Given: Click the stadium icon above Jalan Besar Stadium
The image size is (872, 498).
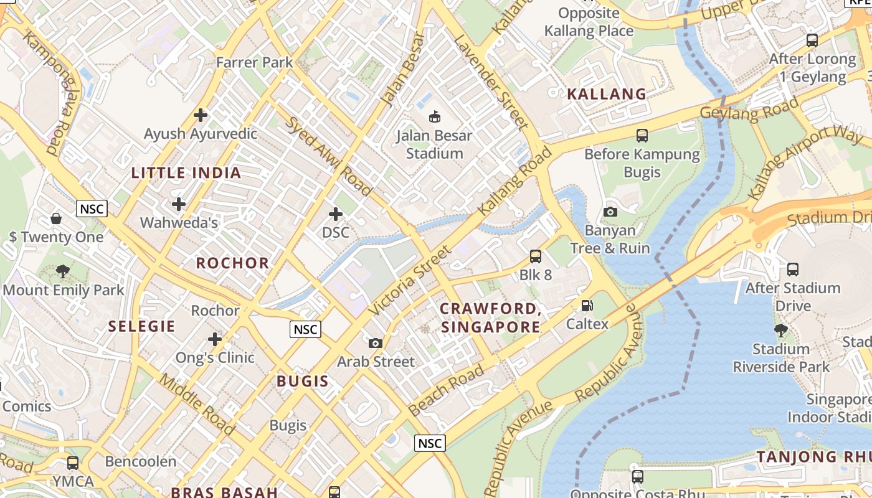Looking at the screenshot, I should (x=435, y=116).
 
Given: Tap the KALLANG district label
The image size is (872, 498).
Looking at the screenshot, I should (x=607, y=94).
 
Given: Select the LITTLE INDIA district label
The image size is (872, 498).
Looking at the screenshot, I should (x=186, y=173).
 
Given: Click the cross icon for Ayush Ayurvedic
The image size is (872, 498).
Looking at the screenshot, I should (x=201, y=115).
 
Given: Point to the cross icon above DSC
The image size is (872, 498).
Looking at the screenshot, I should (x=336, y=215).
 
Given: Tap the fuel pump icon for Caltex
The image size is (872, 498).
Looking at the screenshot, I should (x=587, y=306).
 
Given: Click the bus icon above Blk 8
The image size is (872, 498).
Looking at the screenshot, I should (x=536, y=256).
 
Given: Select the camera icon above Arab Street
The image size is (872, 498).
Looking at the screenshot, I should (x=375, y=343).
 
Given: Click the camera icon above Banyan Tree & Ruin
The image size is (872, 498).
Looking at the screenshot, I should (x=610, y=212).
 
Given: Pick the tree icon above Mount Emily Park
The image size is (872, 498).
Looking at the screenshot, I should (x=62, y=271).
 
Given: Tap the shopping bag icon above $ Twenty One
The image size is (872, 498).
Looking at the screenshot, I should (x=56, y=218).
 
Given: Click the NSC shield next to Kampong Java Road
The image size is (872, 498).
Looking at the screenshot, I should (x=92, y=209).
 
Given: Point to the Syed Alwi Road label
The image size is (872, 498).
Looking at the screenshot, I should (x=329, y=156).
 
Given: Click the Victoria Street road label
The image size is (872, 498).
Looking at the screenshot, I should (x=409, y=280).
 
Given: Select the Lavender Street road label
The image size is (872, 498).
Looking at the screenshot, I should (x=491, y=81).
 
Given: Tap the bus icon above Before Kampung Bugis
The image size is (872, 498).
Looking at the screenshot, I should (x=642, y=135).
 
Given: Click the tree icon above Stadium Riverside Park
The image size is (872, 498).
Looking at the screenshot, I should (x=780, y=330).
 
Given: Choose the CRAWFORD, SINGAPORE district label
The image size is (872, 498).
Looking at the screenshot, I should (x=490, y=318).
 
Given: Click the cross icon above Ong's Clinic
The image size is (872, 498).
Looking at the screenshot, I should (x=215, y=339).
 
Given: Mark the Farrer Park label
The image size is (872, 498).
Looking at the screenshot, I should (x=254, y=62).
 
